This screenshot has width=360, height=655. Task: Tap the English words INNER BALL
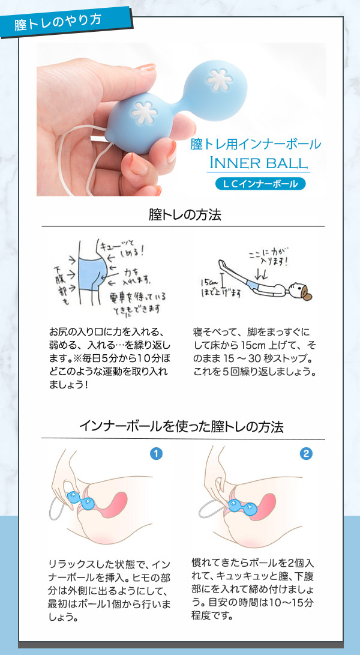(x=258, y=163)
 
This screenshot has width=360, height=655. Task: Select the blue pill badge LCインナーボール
(x=260, y=184)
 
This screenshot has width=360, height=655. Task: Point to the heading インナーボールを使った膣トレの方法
(x=182, y=427)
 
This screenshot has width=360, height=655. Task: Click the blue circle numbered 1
(x=156, y=454)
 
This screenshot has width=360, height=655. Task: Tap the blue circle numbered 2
(x=307, y=454)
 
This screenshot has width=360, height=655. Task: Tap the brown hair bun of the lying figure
(x=307, y=295)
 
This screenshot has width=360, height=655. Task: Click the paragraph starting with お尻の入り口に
(x=110, y=358)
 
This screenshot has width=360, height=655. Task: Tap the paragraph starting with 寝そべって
(x=254, y=351)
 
